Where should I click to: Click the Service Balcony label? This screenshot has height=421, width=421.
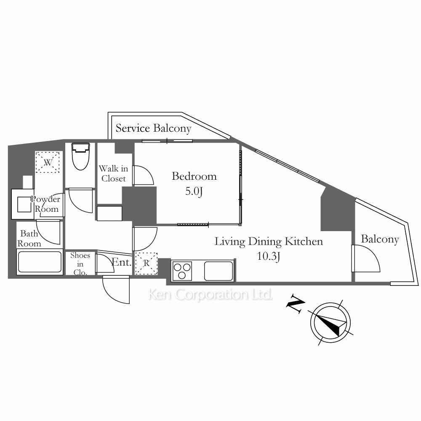coord(153,128)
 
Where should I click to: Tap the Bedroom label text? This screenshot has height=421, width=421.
coord(194,176)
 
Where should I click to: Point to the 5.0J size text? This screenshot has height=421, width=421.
coord(194,192)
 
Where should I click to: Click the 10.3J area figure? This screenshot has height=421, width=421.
coord(269,256)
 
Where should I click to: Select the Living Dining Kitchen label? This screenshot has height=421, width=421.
coord(269,241)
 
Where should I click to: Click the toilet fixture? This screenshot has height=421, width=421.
coord(80,156)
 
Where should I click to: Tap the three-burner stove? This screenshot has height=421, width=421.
coord(182,271)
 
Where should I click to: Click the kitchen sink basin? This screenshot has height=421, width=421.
coord(218,271)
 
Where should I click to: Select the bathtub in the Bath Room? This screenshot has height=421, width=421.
coord(40,261)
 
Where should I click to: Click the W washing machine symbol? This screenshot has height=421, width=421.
coord(48,162)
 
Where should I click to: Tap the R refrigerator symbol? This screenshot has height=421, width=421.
coord(147,263)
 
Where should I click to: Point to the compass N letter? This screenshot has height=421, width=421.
coord(296,304)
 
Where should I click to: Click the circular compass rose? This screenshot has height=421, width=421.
coord(330,322)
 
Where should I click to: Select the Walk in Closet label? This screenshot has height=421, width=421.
coord(114,173)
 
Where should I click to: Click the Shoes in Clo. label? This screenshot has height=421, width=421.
coord(80,264)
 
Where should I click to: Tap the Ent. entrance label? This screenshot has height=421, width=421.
coord(121,262)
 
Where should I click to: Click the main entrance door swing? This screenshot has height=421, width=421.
coord(116,290)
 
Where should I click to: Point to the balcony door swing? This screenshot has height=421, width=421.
coord(366,258)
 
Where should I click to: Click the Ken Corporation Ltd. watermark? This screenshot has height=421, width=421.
coord(210,295)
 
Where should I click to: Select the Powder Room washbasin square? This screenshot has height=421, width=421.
coord(24,204)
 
